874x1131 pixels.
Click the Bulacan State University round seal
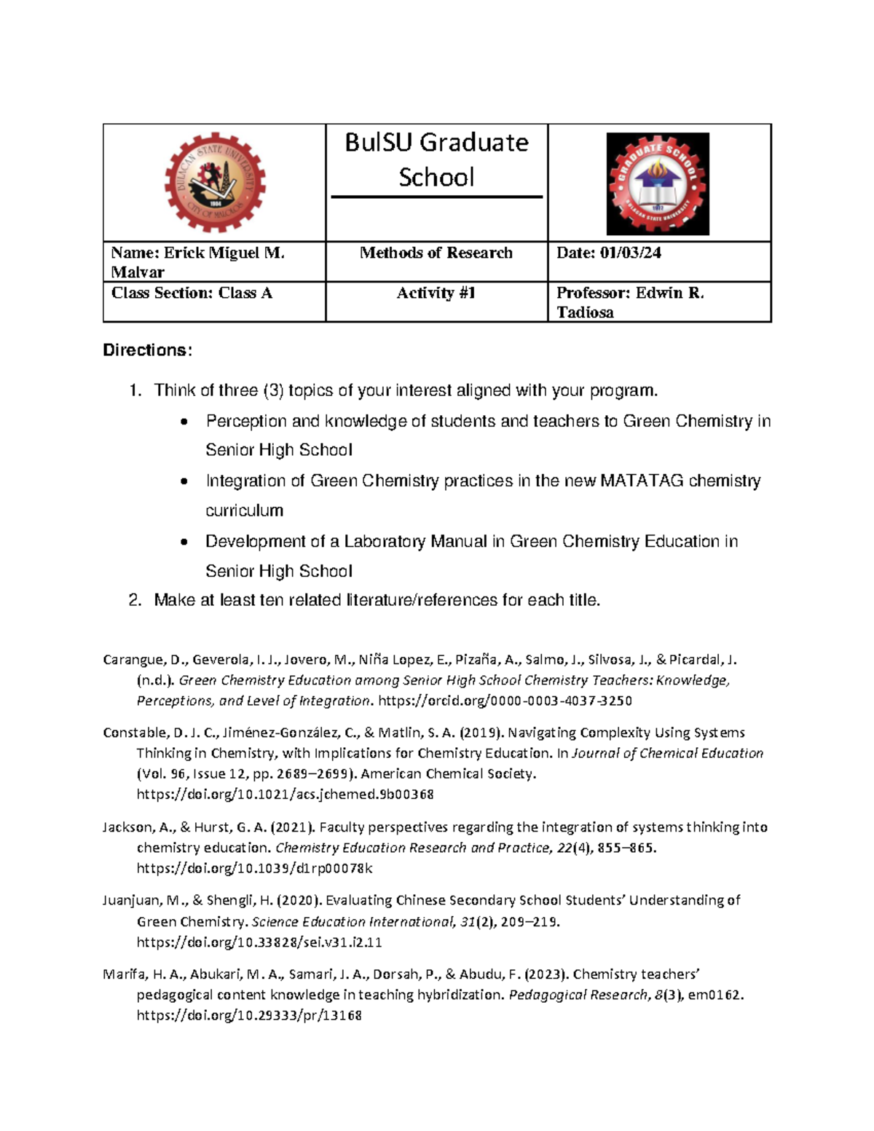[215, 182]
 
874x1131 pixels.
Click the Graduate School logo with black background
[657, 184]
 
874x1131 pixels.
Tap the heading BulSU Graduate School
[436, 159]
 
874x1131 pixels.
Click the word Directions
[146, 350]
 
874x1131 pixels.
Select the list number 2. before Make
[134, 601]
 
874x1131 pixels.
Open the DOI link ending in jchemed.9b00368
[285, 795]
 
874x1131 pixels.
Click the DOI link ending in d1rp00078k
[254, 869]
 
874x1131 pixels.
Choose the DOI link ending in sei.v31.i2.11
[259, 942]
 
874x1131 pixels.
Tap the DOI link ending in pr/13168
[249, 1015]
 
